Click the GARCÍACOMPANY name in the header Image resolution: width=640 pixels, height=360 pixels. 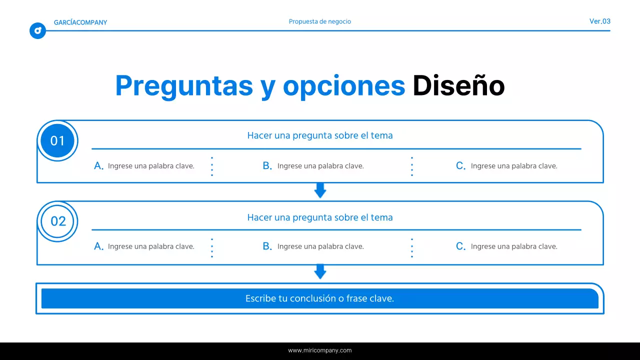pos(80,22)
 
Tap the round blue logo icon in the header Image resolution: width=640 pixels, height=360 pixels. pos(37,31)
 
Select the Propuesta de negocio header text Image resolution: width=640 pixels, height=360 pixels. pos(320,21)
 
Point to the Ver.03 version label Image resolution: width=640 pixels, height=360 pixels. pos(599,21)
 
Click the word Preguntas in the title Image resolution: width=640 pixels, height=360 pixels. pos(184,86)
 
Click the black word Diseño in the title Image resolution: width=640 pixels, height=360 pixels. pos(458,86)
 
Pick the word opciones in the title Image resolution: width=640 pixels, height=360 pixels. pos(343,86)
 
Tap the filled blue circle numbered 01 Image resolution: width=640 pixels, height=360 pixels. pos(57,141)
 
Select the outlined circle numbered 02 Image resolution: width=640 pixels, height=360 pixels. pos(58,221)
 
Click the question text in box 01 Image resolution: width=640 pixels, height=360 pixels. pos(320,135)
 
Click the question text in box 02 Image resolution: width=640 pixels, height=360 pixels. pos(320,217)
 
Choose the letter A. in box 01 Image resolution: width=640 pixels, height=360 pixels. pos(99,166)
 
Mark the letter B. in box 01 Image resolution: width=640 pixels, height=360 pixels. pos(267,166)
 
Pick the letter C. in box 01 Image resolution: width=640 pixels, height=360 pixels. pos(460,166)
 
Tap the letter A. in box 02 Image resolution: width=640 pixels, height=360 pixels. pos(99,246)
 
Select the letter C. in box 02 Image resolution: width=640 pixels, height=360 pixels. pos(460,246)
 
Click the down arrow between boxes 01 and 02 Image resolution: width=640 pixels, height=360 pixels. pos(320,190)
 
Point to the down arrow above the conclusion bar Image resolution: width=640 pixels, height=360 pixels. pos(320,271)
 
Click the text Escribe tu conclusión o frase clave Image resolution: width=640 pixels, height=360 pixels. pos(320,298)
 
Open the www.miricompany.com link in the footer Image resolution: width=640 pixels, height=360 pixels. pos(320,350)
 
